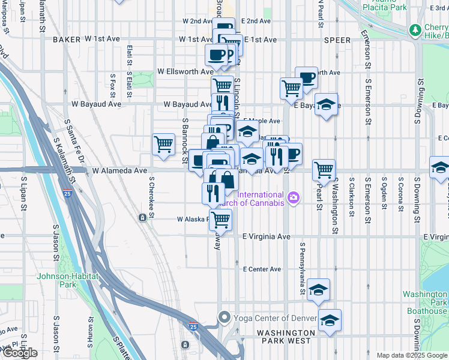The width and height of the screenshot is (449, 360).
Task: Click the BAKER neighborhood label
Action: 66,39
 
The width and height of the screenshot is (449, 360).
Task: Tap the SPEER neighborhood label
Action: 337,40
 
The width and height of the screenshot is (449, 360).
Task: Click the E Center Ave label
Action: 262,269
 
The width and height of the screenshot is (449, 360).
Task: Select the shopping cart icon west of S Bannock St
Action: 163,144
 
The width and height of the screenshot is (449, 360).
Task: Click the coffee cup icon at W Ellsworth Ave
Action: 216,55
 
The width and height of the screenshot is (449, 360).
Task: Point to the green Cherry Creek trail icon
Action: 414,30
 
